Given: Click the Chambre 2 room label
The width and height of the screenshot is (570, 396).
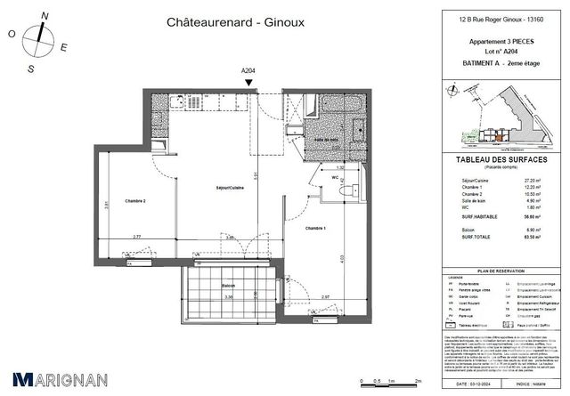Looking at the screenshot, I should pos(135,200).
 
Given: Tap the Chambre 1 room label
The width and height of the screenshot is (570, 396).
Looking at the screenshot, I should pos(316,229).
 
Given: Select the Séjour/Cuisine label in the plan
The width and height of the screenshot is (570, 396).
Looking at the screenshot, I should pos(231,188).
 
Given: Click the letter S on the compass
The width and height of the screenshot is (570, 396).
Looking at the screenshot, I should pos(30,68).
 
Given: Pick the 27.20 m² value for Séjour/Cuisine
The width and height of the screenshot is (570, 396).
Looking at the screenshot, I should pos(533,179).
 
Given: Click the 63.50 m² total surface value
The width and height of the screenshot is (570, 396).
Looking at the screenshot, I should pos(533,238).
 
